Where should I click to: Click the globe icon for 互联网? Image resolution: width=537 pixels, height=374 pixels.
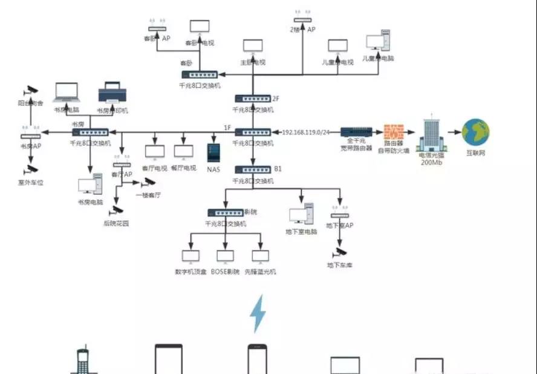point(475,132)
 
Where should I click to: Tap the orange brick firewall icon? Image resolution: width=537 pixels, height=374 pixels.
point(394,133)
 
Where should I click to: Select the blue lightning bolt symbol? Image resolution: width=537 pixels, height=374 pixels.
point(258,313)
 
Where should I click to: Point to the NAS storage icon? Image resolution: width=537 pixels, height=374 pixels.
point(213,152)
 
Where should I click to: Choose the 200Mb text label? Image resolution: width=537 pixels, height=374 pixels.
point(430,162)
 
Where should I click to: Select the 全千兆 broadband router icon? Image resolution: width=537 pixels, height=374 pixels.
point(356,131)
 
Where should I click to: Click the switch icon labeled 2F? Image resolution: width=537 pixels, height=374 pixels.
point(253,99)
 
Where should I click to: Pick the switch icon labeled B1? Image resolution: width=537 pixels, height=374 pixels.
point(253,170)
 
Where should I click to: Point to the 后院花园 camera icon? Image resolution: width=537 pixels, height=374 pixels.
point(116,211)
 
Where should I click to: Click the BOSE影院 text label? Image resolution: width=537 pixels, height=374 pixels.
point(226,272)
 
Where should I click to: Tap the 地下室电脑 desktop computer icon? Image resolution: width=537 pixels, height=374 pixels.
point(301,214)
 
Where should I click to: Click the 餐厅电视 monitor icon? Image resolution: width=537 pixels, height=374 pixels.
point(183,152)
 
